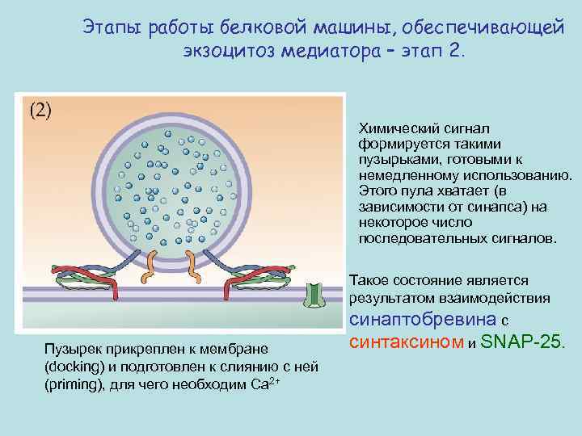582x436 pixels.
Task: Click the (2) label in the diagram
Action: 40,111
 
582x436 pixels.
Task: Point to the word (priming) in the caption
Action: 71,383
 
